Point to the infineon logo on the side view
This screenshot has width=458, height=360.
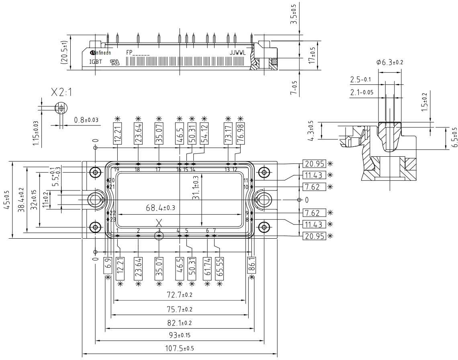point(100,53)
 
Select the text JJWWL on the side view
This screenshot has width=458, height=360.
point(237,52)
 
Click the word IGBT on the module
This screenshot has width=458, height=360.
point(96,62)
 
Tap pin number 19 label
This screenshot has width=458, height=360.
point(117,170)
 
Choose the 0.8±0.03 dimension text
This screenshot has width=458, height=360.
point(86,120)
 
